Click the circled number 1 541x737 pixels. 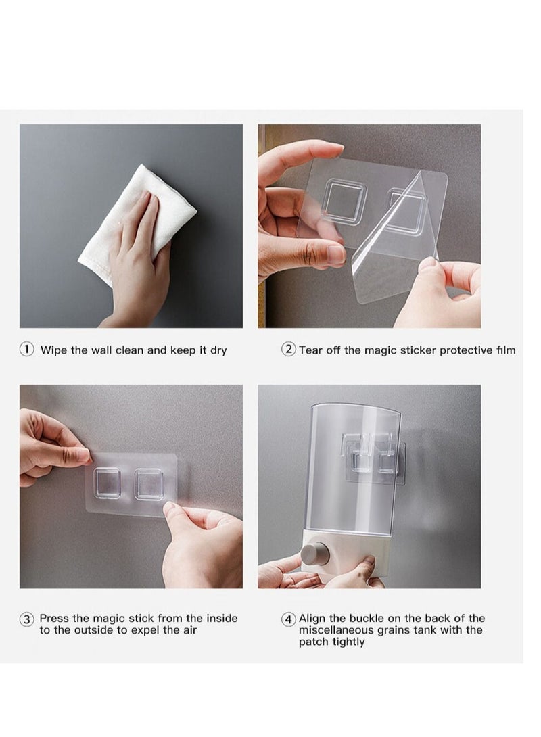click(26, 349)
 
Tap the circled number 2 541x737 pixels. click(288, 349)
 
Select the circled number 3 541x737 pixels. click(26, 619)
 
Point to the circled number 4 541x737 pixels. click(288, 619)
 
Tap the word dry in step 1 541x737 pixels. click(218, 350)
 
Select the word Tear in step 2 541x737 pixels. click(309, 350)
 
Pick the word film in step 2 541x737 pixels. click(506, 350)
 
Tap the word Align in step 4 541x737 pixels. click(312, 619)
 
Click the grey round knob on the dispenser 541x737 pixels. click(314, 556)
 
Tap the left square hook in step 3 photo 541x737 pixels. click(107, 483)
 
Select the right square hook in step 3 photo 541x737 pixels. click(149, 484)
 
